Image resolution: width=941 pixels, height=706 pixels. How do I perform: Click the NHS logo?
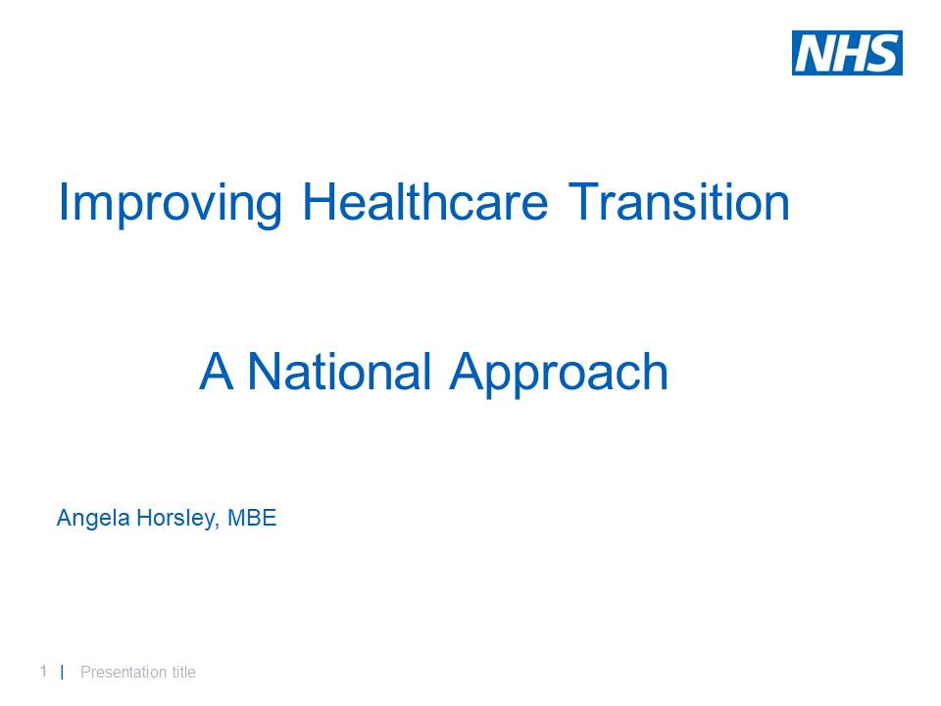coord(847,53)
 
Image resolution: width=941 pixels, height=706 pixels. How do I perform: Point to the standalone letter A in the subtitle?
coord(216,373)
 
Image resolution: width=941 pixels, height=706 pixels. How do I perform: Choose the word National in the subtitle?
coord(339,373)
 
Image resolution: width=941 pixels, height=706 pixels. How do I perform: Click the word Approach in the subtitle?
coord(559,375)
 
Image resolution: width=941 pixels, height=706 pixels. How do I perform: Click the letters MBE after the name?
coord(252,518)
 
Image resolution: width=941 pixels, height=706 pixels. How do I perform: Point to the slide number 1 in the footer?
coord(43,672)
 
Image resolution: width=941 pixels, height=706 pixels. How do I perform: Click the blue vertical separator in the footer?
coord(62,672)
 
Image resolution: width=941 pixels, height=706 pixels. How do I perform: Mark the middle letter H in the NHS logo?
coord(849,53)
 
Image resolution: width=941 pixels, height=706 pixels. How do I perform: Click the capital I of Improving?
coord(63,202)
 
